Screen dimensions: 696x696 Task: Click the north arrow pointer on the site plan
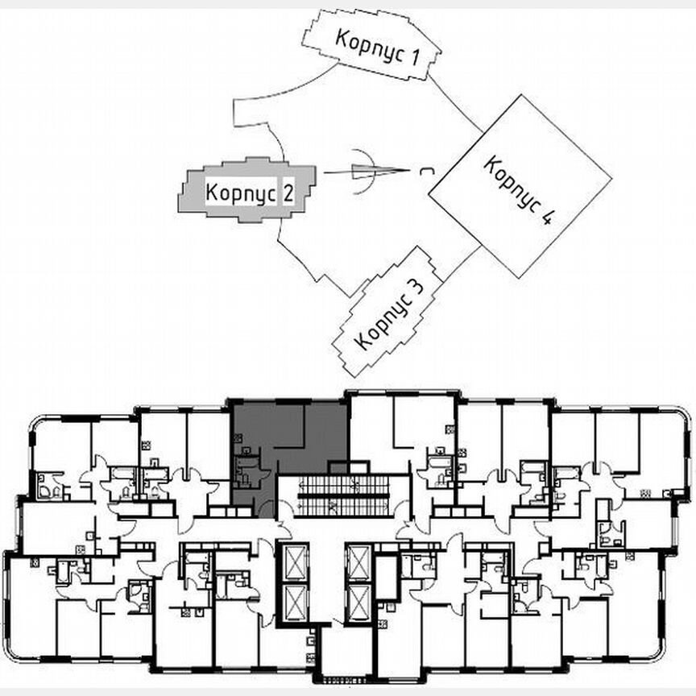coord(375,172)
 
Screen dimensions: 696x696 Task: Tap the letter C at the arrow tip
coord(423,171)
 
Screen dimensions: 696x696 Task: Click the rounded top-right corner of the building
coord(681,418)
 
